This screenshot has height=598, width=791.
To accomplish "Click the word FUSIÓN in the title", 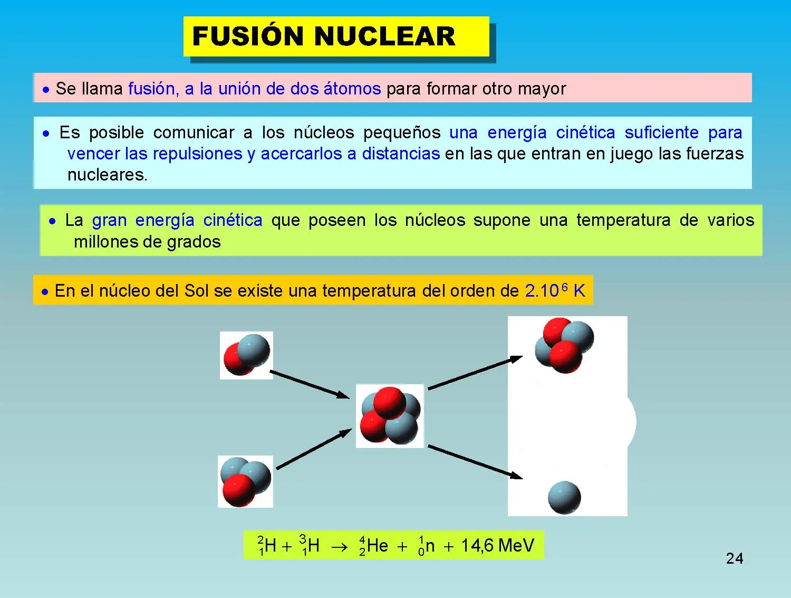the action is click(248, 36).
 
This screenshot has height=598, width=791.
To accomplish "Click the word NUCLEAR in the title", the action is click(385, 36).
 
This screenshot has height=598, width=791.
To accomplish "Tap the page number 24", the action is click(735, 559).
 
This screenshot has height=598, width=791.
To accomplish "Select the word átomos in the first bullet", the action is click(352, 88).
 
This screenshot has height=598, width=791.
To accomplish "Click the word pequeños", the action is click(402, 133).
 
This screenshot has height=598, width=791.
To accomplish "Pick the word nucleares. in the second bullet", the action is click(108, 175).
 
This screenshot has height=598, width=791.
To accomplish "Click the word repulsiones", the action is click(197, 154).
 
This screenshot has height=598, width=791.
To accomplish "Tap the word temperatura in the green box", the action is click(623, 221).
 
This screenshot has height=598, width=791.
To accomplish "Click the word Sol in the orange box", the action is click(196, 291).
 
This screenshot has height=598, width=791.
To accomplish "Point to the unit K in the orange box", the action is click(579, 291).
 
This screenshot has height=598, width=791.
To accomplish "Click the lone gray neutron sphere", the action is click(564, 497).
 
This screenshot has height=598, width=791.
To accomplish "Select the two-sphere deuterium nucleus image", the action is click(246, 355).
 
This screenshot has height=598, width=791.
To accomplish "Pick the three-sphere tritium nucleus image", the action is click(246, 481).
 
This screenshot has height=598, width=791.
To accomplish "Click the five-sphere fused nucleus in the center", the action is click(390, 416).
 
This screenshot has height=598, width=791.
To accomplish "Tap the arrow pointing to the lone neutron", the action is click(475, 462).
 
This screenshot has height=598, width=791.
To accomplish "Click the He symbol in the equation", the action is click(377, 545).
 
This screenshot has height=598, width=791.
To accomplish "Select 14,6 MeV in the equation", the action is click(498, 545).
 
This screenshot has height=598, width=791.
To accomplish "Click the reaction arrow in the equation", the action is click(340, 547).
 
